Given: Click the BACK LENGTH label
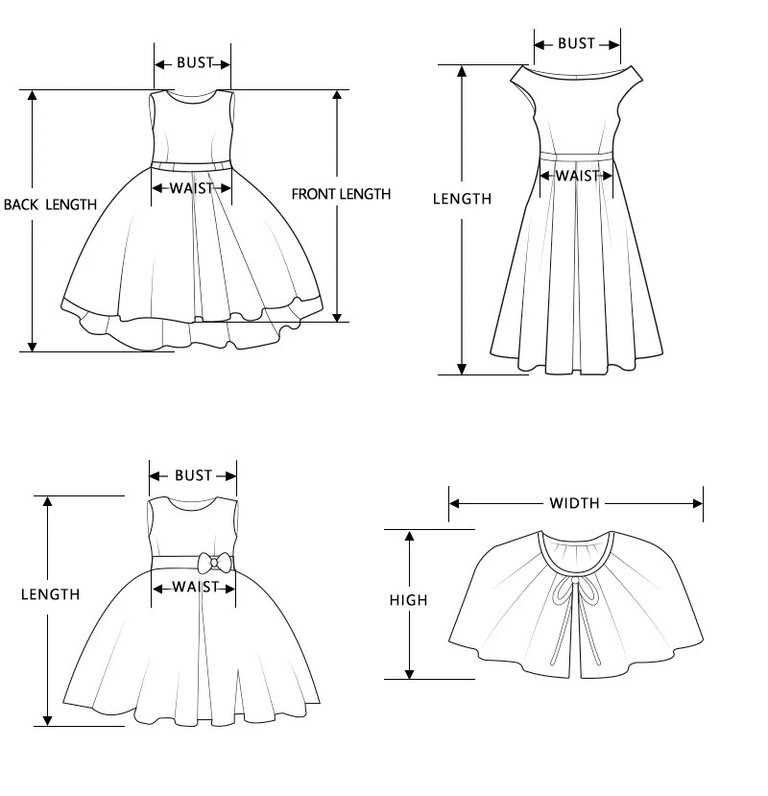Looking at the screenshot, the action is pos(50,205).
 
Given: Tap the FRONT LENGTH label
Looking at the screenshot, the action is pos(341,194).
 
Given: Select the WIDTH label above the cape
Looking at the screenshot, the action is pos(574,503).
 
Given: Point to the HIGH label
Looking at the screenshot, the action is pos(408,601).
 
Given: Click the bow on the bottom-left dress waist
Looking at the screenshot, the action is pos(214,563).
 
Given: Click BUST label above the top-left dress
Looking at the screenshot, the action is pos(194,63).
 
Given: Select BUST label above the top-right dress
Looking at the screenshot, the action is pos(576,43).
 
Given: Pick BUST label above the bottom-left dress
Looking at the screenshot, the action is pos(193,475).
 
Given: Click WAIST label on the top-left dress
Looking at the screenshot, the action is pos(191,188).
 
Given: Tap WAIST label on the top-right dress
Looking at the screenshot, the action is pos(577,176).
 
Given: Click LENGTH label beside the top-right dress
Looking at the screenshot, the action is pos(462,199).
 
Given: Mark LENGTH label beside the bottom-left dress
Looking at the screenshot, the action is pos(50,595).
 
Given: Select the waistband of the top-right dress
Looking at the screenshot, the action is pos(576,155).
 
